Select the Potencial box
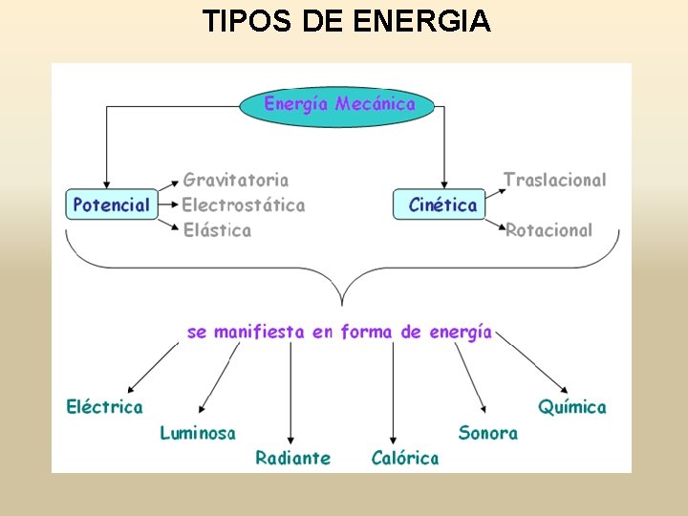112,204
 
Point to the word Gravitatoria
235,180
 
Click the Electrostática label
244,204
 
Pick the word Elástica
217,230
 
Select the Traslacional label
554,180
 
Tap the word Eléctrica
104,407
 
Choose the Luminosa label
198,433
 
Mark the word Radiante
292,458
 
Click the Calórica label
405,458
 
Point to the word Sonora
487,433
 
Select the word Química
571,407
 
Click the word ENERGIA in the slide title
421,20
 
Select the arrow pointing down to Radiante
290,392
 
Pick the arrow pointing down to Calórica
393,392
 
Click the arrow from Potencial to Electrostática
169,204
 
